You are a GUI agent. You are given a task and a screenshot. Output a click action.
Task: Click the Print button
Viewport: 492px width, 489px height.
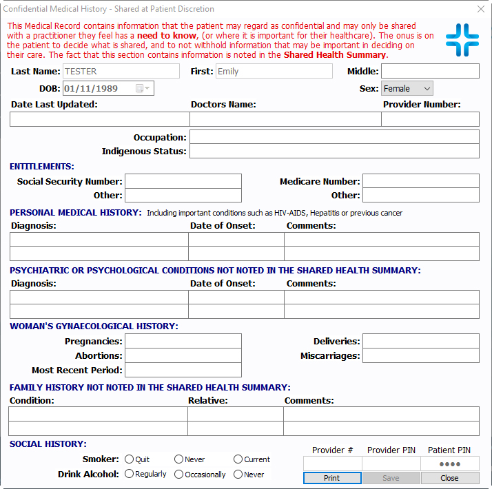[x=331, y=478]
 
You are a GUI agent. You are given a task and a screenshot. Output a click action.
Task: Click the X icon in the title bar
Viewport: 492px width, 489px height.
[x=480, y=9]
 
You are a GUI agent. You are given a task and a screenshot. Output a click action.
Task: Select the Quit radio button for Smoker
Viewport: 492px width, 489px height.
[x=128, y=459]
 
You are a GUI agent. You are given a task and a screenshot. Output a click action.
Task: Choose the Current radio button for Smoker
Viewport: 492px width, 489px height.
[x=238, y=459]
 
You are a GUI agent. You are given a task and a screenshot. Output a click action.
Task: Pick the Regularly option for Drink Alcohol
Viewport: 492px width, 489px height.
[x=128, y=474]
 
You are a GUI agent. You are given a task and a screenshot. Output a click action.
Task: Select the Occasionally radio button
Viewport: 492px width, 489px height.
[x=178, y=474]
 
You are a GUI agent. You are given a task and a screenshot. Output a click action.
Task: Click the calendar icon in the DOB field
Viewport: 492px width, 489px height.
[x=140, y=88]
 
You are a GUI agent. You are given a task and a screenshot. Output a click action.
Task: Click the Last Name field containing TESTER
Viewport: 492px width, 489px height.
[x=121, y=71]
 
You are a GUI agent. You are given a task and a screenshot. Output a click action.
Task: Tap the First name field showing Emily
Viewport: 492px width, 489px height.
[x=273, y=71]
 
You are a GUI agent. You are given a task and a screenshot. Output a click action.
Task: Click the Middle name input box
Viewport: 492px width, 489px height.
[x=430, y=71]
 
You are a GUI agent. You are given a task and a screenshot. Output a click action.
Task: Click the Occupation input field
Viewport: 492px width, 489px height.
[x=334, y=137]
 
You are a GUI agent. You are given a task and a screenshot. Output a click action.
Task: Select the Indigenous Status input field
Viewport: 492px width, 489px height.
[x=334, y=152]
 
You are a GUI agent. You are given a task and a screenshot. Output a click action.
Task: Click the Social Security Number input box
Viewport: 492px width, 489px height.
[x=183, y=181]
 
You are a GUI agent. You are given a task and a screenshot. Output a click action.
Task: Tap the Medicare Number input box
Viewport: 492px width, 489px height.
[x=420, y=181]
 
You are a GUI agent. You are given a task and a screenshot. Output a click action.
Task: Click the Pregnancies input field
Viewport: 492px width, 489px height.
[x=183, y=341]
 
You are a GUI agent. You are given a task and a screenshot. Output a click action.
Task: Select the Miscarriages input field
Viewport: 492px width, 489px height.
[x=420, y=355]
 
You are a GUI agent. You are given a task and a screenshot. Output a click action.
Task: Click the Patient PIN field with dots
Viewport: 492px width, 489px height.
[x=449, y=464]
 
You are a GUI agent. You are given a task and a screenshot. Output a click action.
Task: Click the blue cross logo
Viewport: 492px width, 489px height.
[x=462, y=40]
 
